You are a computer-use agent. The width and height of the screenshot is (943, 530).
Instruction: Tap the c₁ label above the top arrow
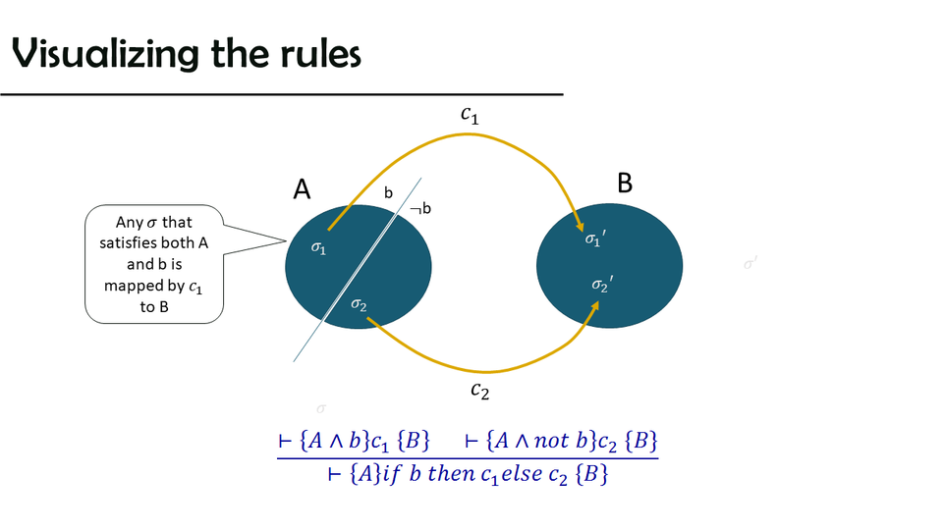(470, 115)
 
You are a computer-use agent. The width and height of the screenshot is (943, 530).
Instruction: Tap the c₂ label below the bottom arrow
(479, 391)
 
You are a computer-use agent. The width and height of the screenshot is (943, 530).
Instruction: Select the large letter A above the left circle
(303, 189)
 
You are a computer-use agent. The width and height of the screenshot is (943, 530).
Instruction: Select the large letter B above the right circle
(625, 183)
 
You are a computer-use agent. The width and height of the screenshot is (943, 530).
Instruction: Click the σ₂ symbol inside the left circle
(360, 306)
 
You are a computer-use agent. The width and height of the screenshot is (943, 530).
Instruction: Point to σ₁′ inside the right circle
(595, 238)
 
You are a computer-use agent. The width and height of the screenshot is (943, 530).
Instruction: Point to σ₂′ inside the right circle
(603, 285)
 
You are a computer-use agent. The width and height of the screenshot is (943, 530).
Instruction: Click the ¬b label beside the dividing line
(420, 208)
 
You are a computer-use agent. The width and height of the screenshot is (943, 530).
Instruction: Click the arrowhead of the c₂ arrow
(595, 307)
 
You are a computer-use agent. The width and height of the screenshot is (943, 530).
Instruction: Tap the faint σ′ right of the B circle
(750, 263)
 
